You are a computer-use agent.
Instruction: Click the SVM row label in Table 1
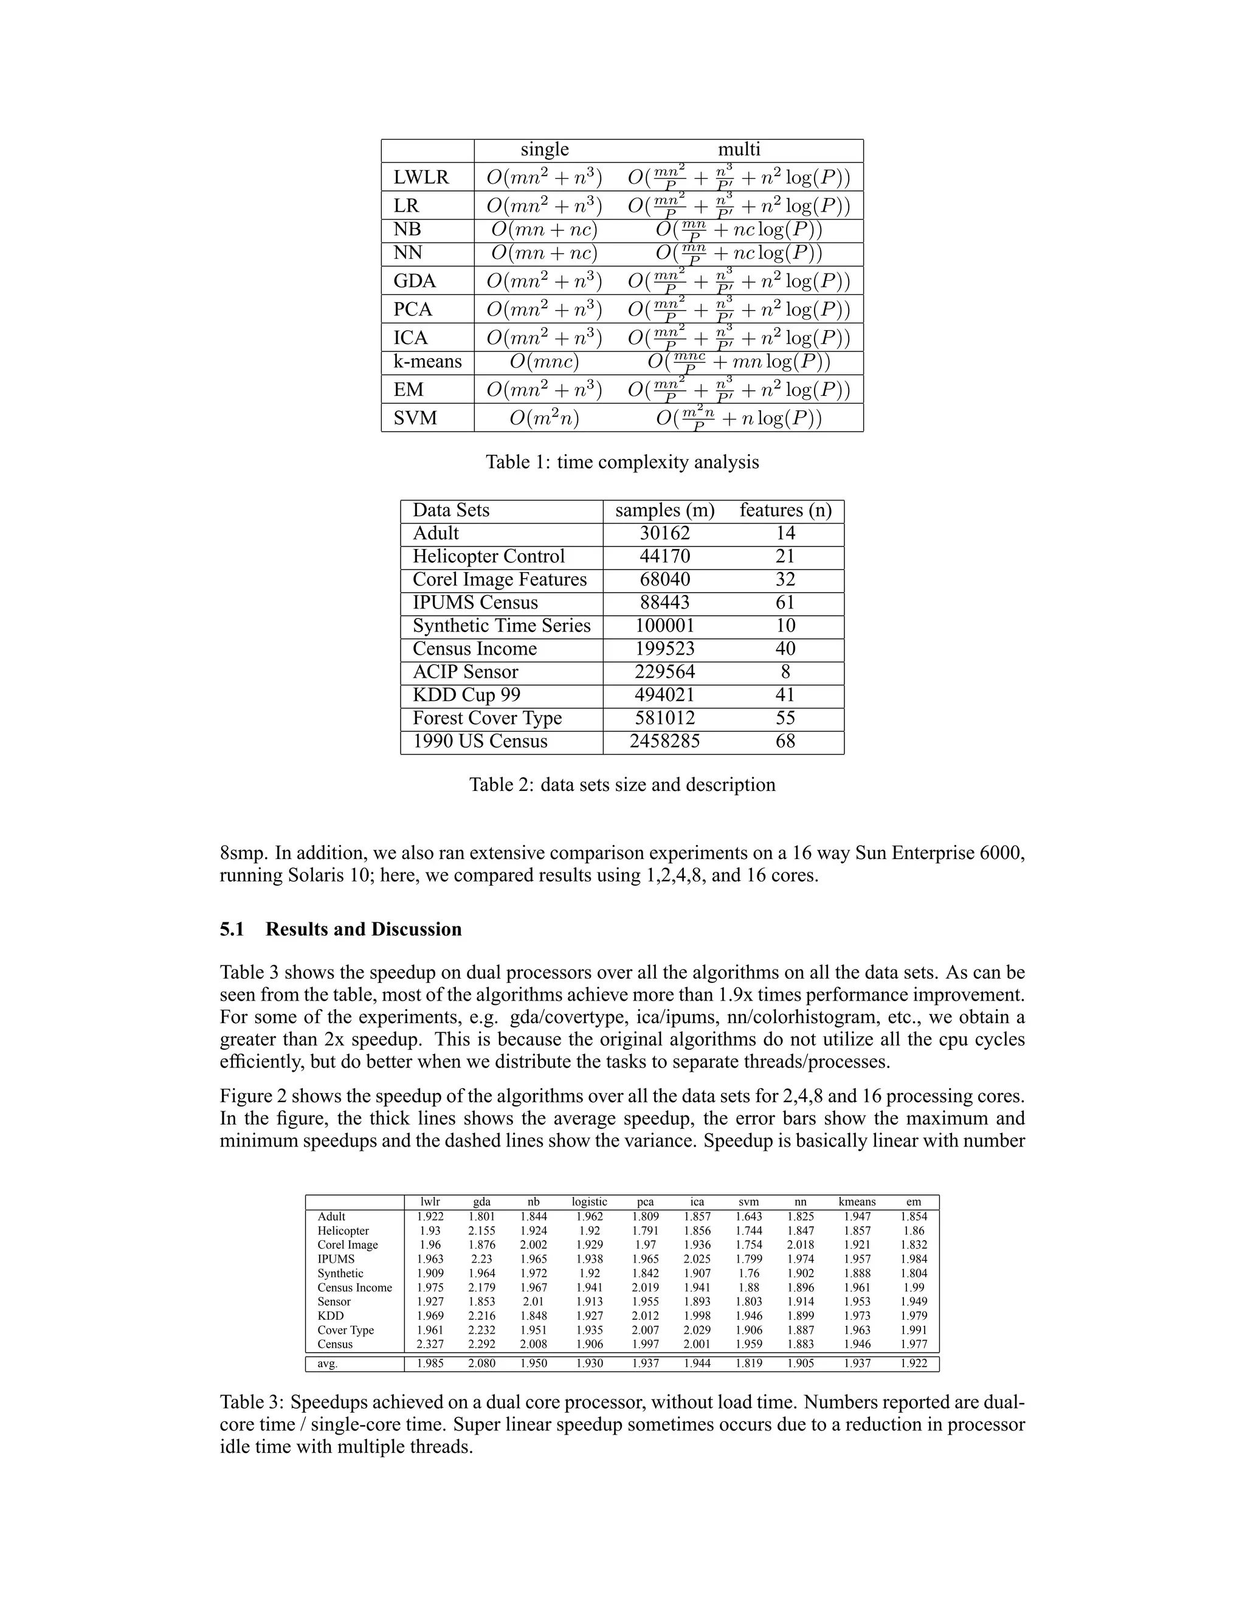[415, 418]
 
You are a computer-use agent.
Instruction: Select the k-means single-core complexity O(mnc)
[544, 362]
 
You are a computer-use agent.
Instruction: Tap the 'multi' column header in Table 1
[739, 150]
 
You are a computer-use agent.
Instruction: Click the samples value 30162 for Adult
[664, 533]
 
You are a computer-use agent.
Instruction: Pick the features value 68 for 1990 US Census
[785, 741]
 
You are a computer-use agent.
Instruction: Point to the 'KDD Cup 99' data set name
[466, 695]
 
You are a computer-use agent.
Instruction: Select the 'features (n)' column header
[785, 511]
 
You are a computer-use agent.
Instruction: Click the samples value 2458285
[664, 741]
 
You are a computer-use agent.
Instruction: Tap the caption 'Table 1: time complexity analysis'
[622, 462]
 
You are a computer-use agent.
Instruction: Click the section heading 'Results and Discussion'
[364, 930]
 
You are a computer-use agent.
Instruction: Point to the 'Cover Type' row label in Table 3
[345, 1330]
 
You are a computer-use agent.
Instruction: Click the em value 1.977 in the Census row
[914, 1344]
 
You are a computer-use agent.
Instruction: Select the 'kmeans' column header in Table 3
[857, 1202]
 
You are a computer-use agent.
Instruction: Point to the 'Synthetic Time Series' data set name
[502, 626]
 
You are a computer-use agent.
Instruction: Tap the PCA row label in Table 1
[412, 309]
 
